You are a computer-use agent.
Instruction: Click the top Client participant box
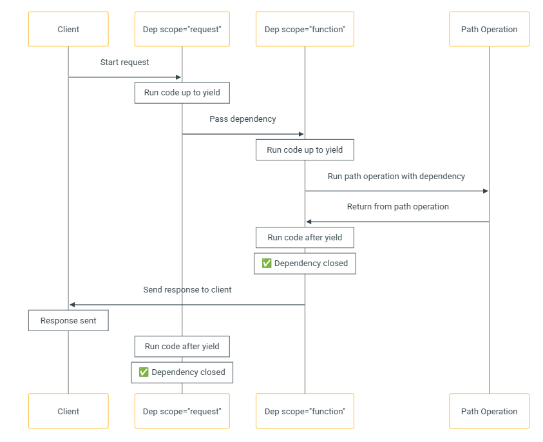[68, 29]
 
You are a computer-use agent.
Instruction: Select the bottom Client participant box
[68, 411]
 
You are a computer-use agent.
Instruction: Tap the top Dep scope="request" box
[182, 29]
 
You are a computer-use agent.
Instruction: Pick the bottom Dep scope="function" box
[305, 411]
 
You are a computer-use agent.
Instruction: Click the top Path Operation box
[490, 29]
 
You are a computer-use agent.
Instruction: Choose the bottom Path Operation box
[490, 411]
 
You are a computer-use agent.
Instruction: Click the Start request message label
[125, 62]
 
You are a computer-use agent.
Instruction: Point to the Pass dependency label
[243, 119]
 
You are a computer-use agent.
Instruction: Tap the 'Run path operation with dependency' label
[397, 177]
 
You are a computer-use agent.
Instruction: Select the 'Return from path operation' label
[398, 207]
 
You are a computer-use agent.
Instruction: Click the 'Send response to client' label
[187, 289]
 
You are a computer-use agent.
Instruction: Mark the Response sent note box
[68, 320]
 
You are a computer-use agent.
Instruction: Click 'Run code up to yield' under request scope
[182, 93]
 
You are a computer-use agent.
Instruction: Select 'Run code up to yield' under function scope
[305, 149]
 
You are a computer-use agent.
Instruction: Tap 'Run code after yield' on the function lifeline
[305, 237]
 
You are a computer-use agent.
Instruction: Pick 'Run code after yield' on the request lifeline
[182, 347]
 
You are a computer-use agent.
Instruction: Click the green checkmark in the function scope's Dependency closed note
[267, 264]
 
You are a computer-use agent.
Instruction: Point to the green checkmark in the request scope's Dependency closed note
[144, 372]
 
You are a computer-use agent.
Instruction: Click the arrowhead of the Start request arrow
[178, 77]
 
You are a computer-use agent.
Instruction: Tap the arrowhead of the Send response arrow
[72, 305]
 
